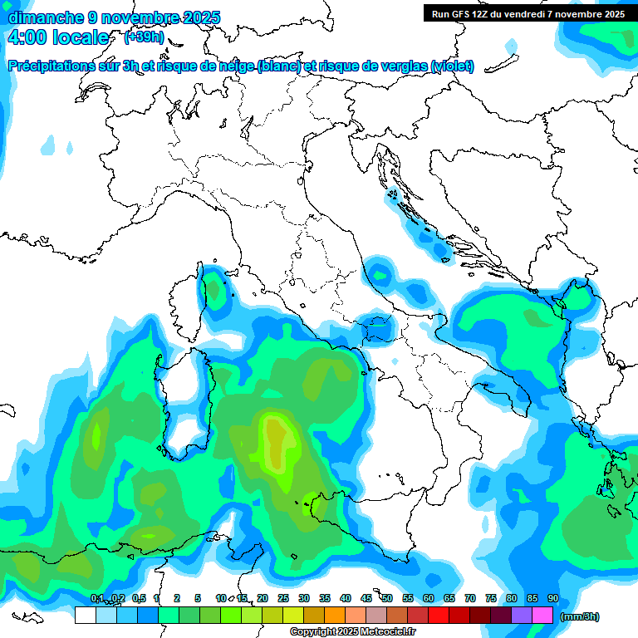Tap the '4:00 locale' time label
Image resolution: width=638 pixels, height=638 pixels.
pos(58,37)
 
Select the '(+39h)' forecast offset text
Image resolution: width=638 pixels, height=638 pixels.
pos(143,37)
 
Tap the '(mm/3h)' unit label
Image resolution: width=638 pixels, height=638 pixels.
pos(579,616)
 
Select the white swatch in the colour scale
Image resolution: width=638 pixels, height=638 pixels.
pos(85,616)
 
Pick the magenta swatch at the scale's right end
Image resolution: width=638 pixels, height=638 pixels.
pos(542,616)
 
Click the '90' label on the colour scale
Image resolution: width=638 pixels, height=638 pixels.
pos(552,598)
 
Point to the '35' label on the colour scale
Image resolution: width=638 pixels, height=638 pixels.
pos(325,598)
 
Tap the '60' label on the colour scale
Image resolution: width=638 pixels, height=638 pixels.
pos(429,598)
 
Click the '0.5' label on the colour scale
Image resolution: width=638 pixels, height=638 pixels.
pos(139,598)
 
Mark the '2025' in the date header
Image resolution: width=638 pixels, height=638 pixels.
pos(200,17)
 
